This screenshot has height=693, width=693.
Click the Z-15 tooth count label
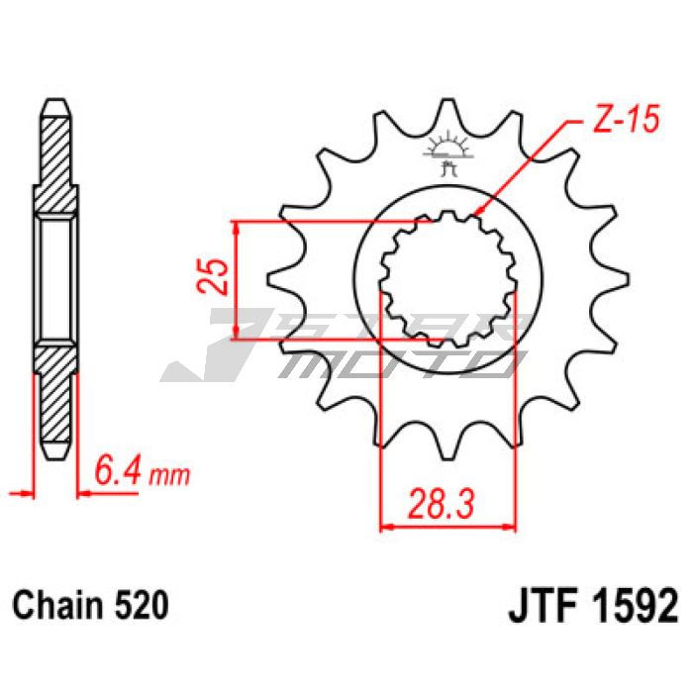click(x=625, y=119)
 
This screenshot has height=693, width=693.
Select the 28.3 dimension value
click(x=441, y=504)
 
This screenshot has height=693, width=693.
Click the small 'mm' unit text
click(x=169, y=476)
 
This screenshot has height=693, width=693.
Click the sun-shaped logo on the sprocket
click(x=448, y=152)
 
